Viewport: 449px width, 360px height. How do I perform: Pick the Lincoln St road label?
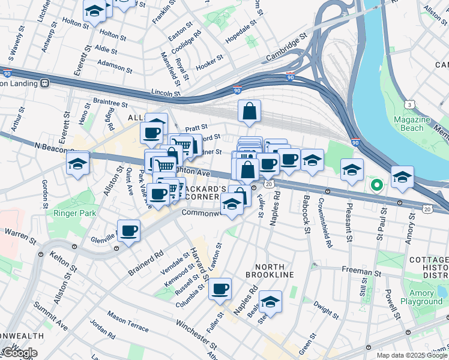pyautogui.click(x=166, y=93)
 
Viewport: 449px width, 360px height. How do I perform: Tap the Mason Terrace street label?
pyautogui.click(x=128, y=322)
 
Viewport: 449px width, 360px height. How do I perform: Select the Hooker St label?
pyautogui.click(x=209, y=66)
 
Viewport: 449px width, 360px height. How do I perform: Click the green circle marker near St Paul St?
pyautogui.click(x=376, y=185)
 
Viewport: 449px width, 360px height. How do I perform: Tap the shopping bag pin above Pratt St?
pyautogui.click(x=249, y=111)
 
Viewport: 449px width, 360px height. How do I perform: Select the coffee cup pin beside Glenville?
pyautogui.click(x=129, y=231)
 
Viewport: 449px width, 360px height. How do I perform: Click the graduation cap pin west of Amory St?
pyautogui.click(x=402, y=176)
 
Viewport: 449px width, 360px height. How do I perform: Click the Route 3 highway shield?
pyautogui.click(x=409, y=104)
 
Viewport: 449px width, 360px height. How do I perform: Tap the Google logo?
pyautogui.click(x=19, y=353)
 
